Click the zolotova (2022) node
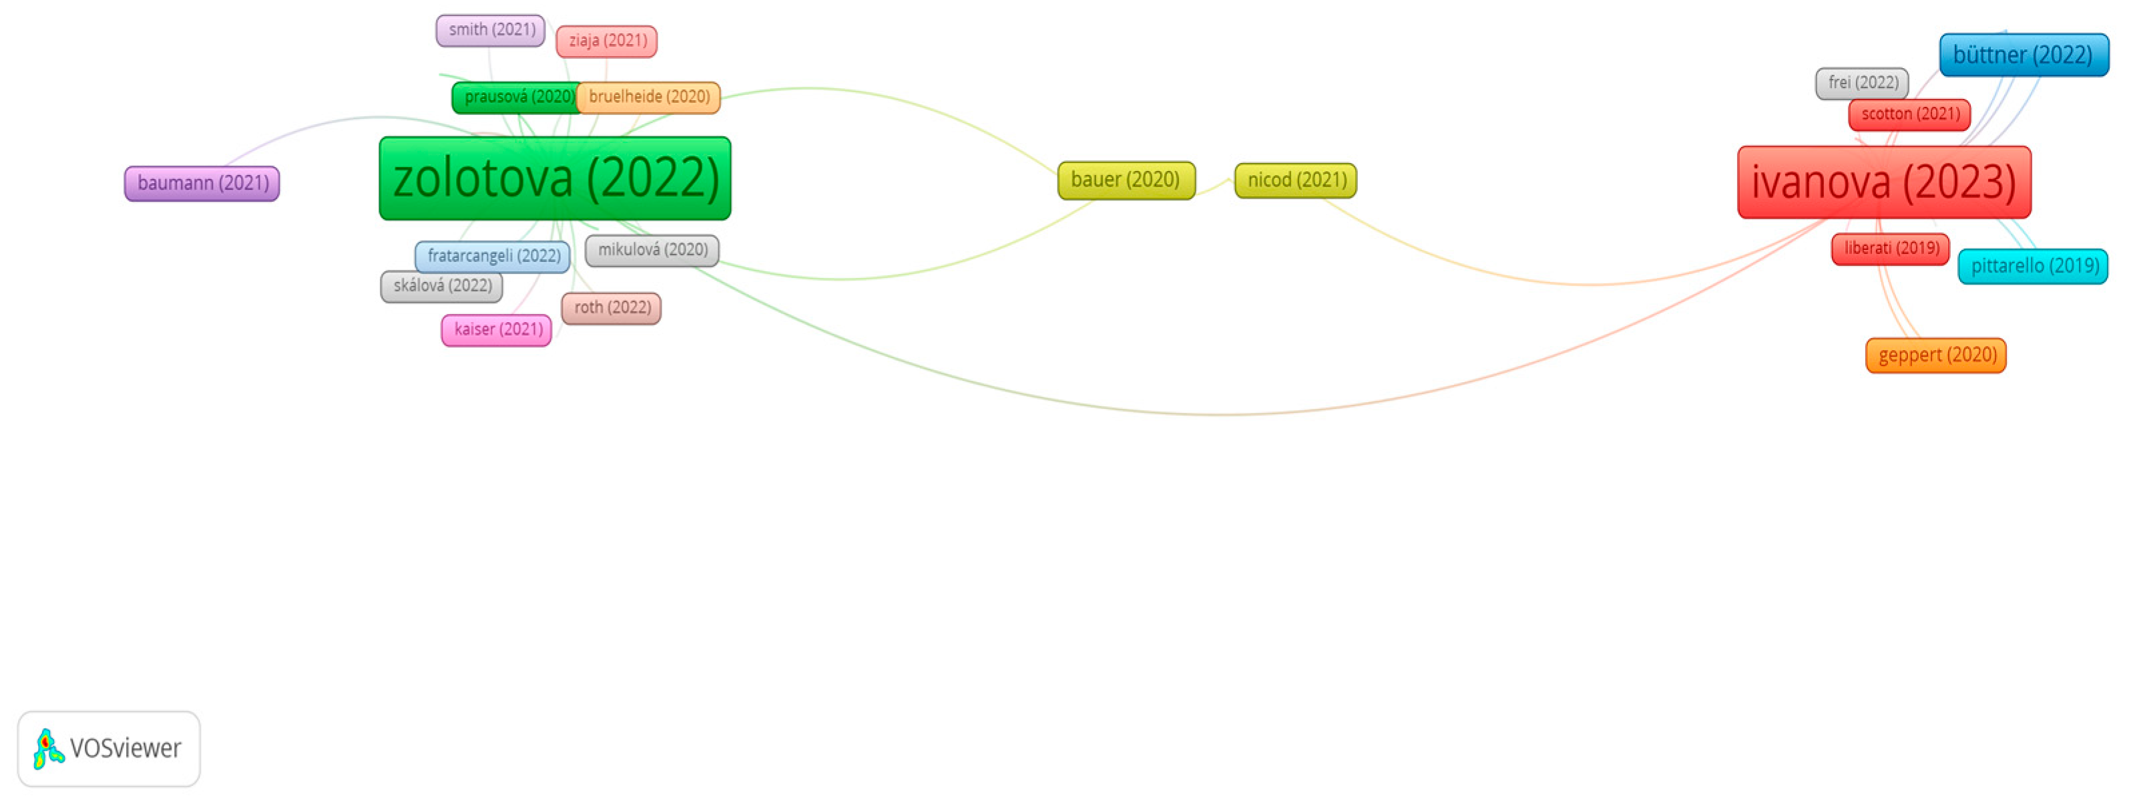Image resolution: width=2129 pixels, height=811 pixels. pyautogui.click(x=555, y=178)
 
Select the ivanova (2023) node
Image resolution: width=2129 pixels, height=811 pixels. pyautogui.click(x=1883, y=182)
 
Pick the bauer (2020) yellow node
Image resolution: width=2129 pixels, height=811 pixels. pyautogui.click(x=1126, y=180)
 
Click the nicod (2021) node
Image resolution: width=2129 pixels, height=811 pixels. pyautogui.click(x=1295, y=180)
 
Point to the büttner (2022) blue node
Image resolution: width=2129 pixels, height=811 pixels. pyautogui.click(x=2024, y=55)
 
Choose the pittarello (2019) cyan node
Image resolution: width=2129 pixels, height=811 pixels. pyautogui.click(x=2032, y=266)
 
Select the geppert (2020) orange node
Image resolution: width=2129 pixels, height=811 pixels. pyautogui.click(x=1935, y=355)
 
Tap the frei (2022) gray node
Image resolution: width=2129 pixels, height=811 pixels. pyautogui.click(x=1861, y=84)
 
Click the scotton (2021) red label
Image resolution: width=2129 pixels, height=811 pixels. pyautogui.click(x=1909, y=114)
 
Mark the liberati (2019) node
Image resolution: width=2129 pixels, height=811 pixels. pyautogui.click(x=1890, y=249)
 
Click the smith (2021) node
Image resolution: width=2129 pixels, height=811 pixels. pyautogui.click(x=490, y=31)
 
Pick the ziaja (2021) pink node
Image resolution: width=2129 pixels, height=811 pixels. pyautogui.click(x=607, y=41)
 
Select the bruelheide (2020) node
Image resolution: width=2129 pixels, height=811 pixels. pyautogui.click(x=649, y=98)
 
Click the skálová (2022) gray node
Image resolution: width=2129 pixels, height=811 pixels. pyautogui.click(x=441, y=286)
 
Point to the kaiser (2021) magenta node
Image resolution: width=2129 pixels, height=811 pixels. pyautogui.click(x=497, y=330)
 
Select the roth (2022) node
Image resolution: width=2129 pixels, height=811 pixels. pyautogui.click(x=611, y=307)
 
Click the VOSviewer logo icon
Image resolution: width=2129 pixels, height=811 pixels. pyautogui.click(x=48, y=749)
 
